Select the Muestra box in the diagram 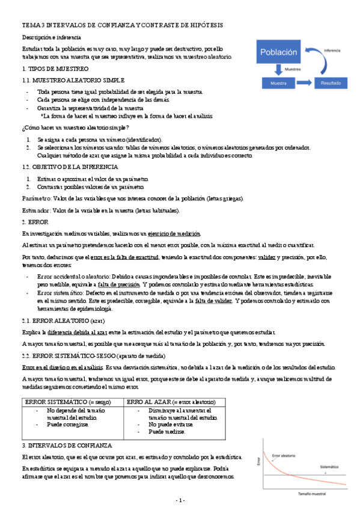[277, 82]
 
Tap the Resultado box [330, 82]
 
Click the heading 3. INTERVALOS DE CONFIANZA [66, 445]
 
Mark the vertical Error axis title [260, 463]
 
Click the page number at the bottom [180, 500]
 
